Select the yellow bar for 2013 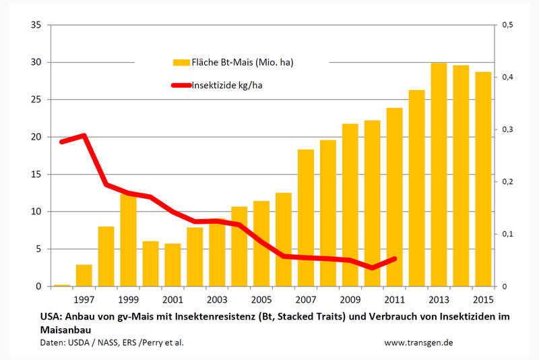pyautogui.click(x=439, y=175)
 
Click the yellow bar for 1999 pyautogui.click(x=128, y=240)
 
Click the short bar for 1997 pyautogui.click(x=84, y=275)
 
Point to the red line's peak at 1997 pyautogui.click(x=84, y=136)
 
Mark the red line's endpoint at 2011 pyautogui.click(x=395, y=258)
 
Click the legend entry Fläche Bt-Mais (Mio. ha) pyautogui.click(x=232, y=62)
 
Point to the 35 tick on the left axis pyautogui.click(x=36, y=26)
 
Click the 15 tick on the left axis pyautogui.click(x=36, y=175)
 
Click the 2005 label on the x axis pyautogui.click(x=261, y=298)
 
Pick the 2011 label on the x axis pyautogui.click(x=394, y=298)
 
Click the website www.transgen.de pyautogui.click(x=418, y=342)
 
